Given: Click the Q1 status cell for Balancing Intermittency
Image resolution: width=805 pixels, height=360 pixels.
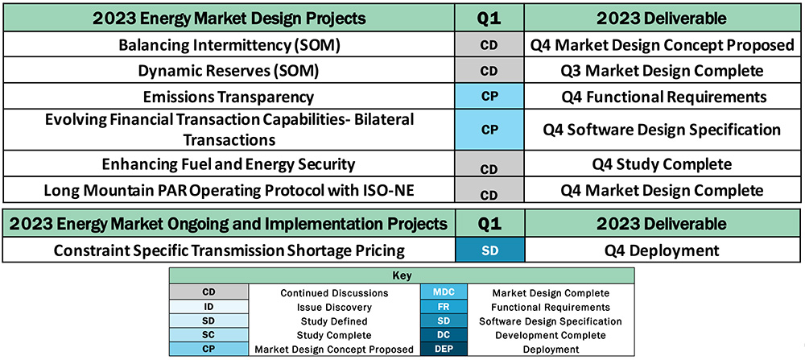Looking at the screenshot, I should [x=489, y=45].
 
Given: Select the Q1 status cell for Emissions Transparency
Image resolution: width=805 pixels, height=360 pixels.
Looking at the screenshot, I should [x=489, y=97].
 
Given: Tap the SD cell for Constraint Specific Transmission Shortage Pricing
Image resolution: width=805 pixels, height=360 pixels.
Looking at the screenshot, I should [x=489, y=250].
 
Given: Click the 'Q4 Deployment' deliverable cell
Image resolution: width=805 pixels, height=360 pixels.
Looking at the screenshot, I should [x=662, y=250].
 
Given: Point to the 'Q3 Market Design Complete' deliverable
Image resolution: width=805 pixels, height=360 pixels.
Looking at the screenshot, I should [x=662, y=71].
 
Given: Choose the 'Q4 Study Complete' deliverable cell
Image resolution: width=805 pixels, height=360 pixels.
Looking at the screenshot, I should [x=662, y=164].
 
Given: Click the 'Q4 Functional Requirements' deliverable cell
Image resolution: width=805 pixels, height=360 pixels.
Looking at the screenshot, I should [x=662, y=97].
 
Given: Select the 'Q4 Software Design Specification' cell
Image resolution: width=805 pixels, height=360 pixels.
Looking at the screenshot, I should [x=662, y=129].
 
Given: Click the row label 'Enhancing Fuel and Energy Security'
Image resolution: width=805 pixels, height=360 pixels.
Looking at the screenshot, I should [x=229, y=164].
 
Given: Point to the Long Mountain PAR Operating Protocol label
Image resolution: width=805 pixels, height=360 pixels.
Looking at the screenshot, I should [x=229, y=191].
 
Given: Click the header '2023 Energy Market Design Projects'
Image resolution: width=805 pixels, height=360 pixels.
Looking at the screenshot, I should [x=229, y=18].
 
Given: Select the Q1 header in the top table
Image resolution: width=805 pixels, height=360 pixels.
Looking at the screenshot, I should [x=489, y=18].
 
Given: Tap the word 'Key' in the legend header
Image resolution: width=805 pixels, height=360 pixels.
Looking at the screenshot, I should [x=402, y=275].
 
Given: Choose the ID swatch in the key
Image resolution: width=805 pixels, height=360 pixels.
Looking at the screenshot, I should [x=208, y=307].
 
